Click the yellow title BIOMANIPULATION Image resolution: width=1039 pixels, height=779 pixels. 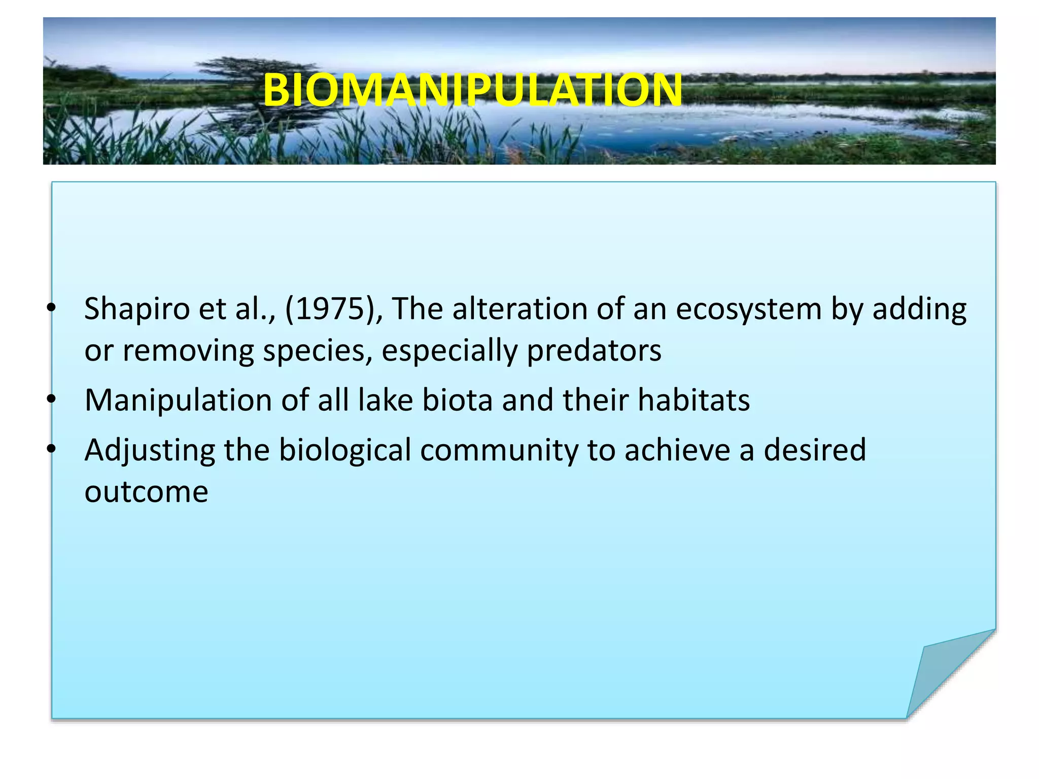point(473,90)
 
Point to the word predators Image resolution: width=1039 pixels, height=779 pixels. point(594,351)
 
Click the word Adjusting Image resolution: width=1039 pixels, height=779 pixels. point(150,450)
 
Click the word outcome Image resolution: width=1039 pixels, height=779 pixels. point(146,492)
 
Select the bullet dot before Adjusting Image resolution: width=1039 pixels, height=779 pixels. point(50,449)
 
